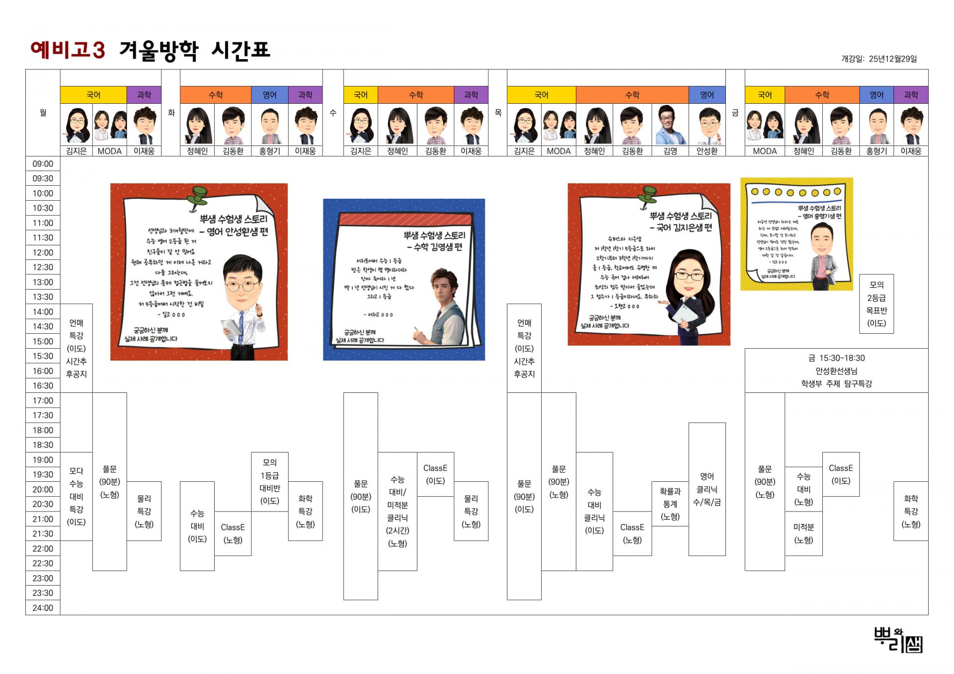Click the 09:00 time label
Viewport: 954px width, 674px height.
[43, 164]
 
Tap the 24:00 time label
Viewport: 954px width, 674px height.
[43, 608]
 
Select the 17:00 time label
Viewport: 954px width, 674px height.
[43, 400]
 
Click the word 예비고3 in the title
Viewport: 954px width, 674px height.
[68, 50]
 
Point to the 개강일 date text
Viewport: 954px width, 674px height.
[878, 59]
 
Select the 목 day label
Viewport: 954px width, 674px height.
[498, 113]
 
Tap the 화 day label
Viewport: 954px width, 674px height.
[171, 113]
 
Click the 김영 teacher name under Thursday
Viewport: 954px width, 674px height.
[670, 151]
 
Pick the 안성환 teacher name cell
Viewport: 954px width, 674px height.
[707, 151]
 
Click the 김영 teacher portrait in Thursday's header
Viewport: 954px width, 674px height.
[670, 125]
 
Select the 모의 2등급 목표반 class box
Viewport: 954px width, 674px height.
[876, 303]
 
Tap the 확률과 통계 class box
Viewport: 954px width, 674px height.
[670, 504]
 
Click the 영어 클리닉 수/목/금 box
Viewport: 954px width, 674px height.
[707, 489]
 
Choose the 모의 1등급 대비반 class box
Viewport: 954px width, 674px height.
[269, 481]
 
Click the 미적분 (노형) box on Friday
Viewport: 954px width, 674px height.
[803, 533]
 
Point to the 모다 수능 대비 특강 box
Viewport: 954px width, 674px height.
[76, 496]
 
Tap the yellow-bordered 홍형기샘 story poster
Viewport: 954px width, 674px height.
[796, 234]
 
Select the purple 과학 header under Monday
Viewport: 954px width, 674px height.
[144, 95]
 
